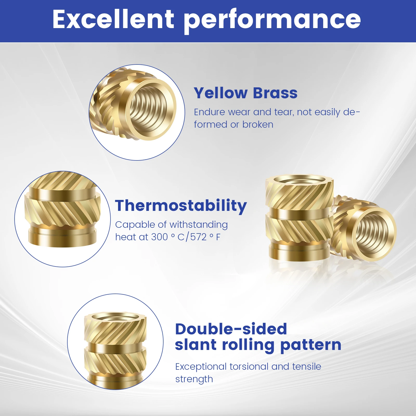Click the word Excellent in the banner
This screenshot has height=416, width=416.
click(x=113, y=19)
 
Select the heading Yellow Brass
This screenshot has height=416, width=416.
click(x=246, y=93)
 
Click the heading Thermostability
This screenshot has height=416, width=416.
click(x=181, y=206)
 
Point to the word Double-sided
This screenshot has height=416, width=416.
click(x=231, y=329)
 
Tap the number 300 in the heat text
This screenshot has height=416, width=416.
click(x=159, y=237)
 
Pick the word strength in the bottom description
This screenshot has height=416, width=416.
click(x=194, y=379)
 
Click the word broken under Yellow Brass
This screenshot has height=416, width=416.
click(x=258, y=125)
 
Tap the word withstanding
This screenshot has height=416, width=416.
click(x=199, y=225)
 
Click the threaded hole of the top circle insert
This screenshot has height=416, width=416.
click(x=148, y=109)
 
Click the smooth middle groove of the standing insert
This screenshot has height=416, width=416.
click(x=300, y=214)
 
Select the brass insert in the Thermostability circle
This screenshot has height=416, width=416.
click(x=62, y=210)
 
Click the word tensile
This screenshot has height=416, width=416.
click(x=307, y=367)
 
